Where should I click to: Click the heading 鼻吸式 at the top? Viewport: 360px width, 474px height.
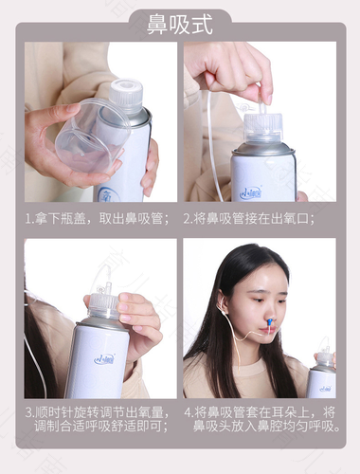179,24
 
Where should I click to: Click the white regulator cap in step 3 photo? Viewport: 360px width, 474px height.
104,303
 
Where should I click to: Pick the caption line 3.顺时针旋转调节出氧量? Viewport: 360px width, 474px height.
99,413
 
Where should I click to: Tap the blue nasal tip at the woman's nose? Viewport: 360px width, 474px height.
268,330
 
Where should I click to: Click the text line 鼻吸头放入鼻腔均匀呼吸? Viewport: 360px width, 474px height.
267,428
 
